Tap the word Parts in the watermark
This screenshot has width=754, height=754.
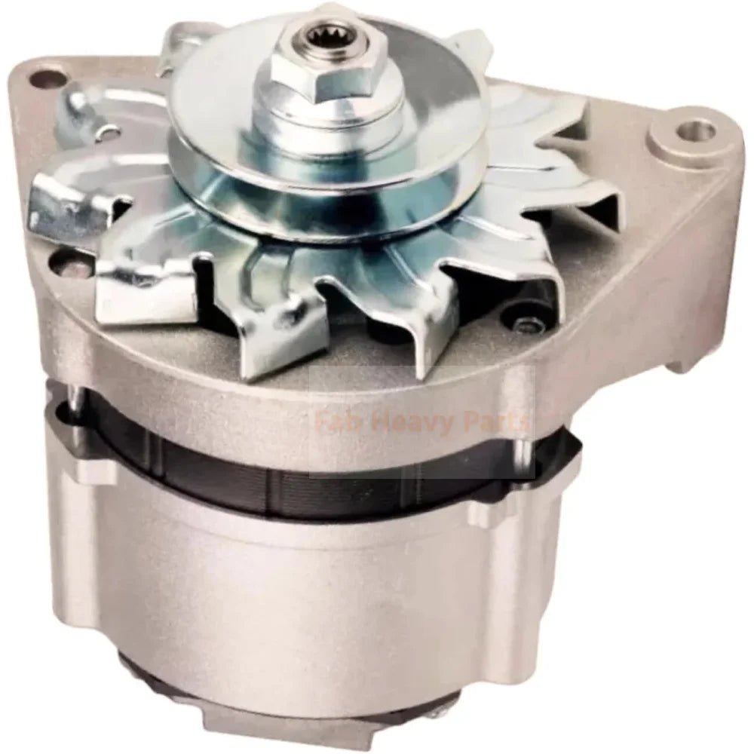[499, 424]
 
